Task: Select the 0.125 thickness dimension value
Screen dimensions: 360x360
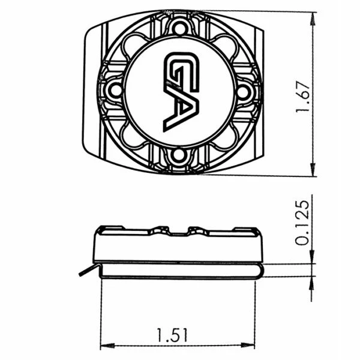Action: (x=305, y=223)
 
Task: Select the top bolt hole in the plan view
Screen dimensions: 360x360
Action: (x=179, y=26)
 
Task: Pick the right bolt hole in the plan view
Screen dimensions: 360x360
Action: (x=244, y=91)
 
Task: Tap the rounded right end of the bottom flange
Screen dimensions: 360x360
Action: (x=260, y=270)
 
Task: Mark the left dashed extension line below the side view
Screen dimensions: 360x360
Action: (x=100, y=312)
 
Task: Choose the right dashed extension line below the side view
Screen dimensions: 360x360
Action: (x=255, y=312)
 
